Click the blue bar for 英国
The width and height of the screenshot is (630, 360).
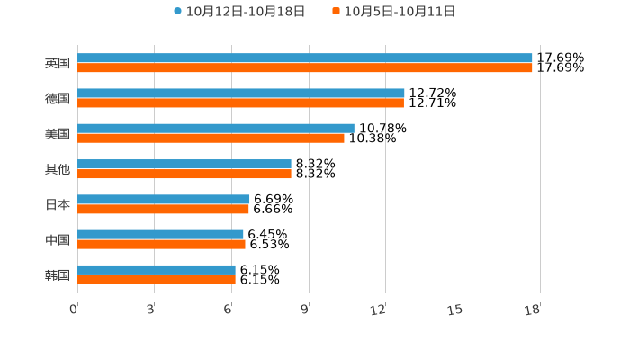(x=304, y=58)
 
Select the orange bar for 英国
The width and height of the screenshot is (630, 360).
(x=304, y=67)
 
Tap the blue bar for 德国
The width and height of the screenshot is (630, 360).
(x=241, y=93)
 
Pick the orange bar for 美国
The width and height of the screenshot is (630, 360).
(x=211, y=138)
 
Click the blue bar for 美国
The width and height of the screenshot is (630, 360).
(x=216, y=128)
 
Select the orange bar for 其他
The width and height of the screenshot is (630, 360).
(x=184, y=174)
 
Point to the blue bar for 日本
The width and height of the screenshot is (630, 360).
(x=164, y=199)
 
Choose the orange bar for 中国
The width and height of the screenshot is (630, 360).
(x=161, y=244)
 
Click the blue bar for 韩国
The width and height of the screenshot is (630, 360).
(x=157, y=269)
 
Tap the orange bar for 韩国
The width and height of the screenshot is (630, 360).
(x=157, y=279)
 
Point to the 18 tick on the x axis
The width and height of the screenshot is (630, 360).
(x=532, y=310)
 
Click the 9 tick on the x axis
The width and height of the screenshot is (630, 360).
(x=305, y=310)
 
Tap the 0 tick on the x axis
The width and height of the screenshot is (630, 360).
(x=74, y=310)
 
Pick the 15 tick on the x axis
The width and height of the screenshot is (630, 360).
(x=456, y=310)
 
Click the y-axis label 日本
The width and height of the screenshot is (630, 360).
(x=58, y=204)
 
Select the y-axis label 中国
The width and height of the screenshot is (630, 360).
(x=58, y=239)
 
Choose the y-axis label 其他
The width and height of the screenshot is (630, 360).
(x=58, y=169)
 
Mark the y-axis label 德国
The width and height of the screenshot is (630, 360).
(x=58, y=98)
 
